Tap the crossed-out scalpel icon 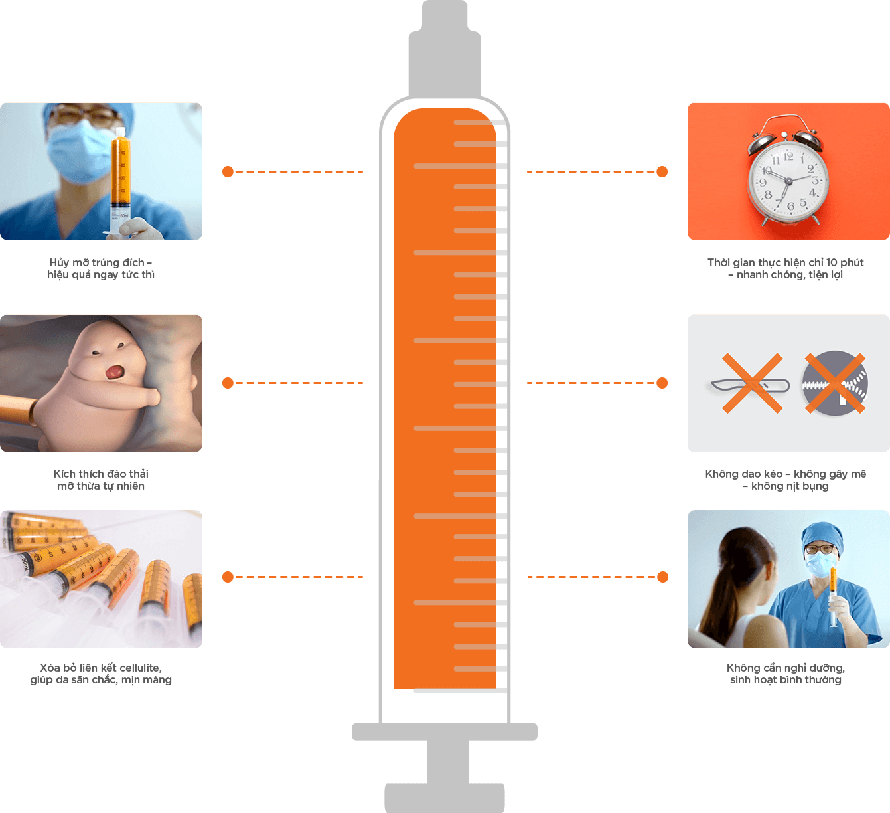751,383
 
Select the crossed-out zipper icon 834,383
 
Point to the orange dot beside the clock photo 662,172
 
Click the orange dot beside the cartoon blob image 228,383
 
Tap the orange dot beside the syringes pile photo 228,577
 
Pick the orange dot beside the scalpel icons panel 662,383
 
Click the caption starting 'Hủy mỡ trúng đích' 101,268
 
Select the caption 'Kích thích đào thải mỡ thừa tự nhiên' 101,480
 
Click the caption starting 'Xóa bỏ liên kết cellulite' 101,674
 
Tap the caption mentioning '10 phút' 786,268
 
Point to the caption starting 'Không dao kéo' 786,480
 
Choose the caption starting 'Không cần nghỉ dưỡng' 786,674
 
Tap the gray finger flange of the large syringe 444,731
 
